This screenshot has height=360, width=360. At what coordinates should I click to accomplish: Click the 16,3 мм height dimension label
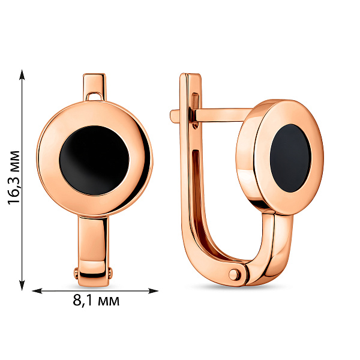point(14,178)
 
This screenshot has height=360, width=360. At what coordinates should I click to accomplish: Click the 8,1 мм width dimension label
point(96,301)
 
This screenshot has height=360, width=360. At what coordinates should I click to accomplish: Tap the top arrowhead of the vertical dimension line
point(22,74)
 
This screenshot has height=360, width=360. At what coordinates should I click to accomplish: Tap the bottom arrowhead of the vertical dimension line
point(22,285)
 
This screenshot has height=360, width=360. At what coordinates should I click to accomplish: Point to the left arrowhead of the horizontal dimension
point(37,291)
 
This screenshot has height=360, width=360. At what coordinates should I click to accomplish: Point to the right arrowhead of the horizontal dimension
point(153,291)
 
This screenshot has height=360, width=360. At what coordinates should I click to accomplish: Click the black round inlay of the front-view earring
point(94,160)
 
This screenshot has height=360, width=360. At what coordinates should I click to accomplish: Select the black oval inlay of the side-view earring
point(290,158)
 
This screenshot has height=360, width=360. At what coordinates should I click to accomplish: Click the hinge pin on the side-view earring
point(234,274)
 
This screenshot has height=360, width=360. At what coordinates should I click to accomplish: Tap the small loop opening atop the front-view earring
point(95,96)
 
